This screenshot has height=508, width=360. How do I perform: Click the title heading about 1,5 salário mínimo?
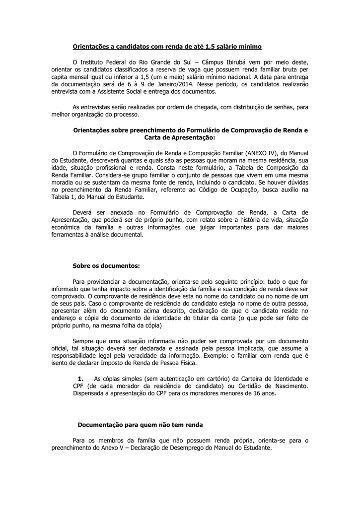point(167,47)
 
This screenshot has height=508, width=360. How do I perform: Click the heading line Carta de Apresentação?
point(180,137)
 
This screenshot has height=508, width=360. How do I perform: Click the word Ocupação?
point(255,190)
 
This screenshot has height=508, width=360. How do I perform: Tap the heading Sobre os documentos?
point(106,265)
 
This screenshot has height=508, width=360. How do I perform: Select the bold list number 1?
point(80,378)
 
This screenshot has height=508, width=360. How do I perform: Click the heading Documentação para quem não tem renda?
point(141,425)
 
